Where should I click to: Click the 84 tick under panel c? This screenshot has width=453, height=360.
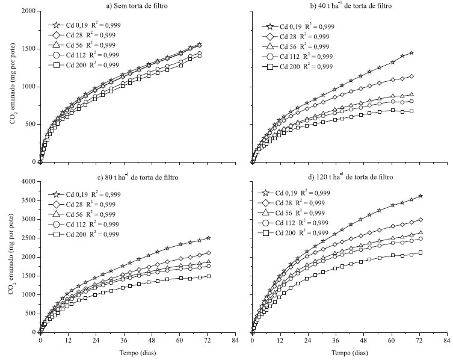tap(235, 340)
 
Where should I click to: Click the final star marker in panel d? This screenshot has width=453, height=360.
tap(421, 196)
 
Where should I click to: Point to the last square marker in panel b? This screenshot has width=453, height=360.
tap(411, 111)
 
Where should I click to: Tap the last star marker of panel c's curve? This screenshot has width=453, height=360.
tap(208, 238)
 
